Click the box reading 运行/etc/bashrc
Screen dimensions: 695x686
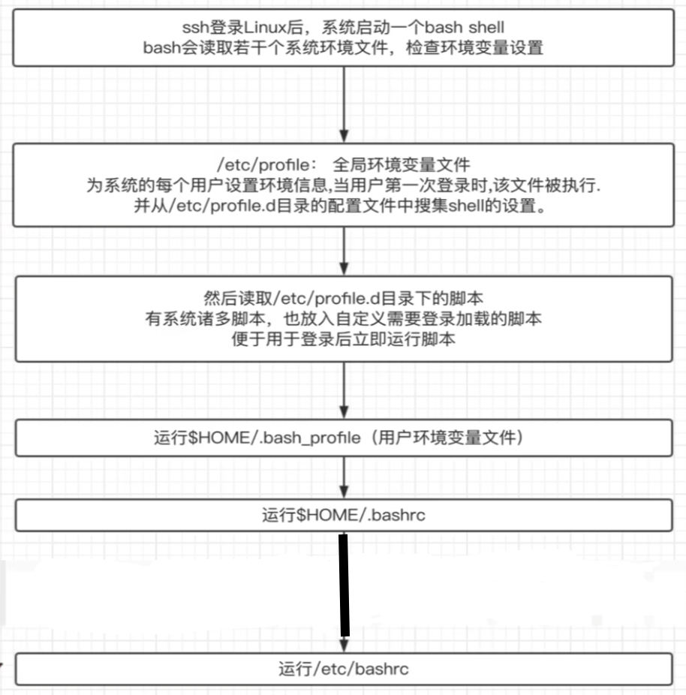[343, 668]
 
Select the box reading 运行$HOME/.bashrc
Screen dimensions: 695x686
[343, 515]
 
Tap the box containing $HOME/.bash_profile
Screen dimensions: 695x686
[343, 437]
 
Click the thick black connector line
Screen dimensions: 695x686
[345, 584]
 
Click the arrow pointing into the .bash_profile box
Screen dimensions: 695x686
[343, 391]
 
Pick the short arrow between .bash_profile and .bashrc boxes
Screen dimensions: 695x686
[343, 477]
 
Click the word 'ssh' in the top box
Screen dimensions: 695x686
[195, 28]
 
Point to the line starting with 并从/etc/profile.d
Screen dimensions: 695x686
[343, 206]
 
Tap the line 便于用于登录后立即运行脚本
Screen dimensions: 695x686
[343, 338]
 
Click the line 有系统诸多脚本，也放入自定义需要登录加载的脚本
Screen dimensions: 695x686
[343, 318]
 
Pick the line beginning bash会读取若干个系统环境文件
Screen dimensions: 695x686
[343, 47]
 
